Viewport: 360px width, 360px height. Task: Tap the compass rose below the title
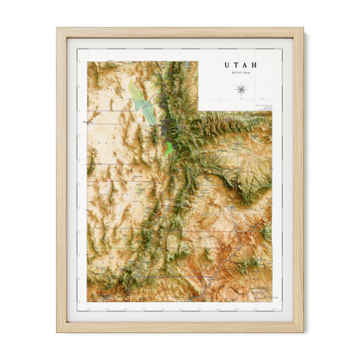[x=240, y=89]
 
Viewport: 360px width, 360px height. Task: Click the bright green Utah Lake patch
[x=170, y=142]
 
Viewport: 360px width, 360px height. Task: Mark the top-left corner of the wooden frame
[x=58, y=29]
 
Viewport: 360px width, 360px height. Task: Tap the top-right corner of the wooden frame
[x=303, y=29]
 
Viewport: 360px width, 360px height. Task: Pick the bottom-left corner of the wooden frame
[x=58, y=331]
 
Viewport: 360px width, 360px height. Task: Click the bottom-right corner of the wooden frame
[x=303, y=331]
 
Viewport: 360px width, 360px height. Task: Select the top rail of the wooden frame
[x=180, y=32]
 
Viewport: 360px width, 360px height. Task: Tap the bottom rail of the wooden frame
[x=180, y=327]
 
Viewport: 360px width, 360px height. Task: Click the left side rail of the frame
[x=61, y=180]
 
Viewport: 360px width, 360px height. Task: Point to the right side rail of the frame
[x=299, y=180]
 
